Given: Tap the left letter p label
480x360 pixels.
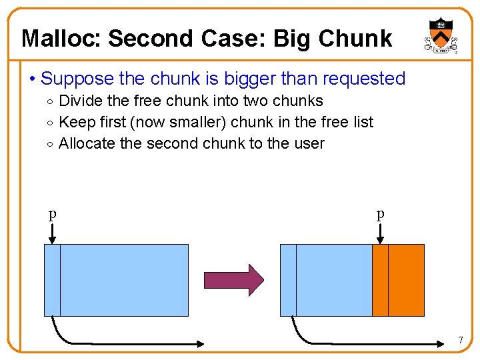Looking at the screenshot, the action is pyautogui.click(x=52, y=214).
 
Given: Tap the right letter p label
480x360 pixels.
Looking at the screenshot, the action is pyautogui.click(x=380, y=214).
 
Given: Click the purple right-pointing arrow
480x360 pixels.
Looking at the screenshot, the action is pyautogui.click(x=234, y=279).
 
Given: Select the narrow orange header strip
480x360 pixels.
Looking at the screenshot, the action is pyautogui.click(x=380, y=280).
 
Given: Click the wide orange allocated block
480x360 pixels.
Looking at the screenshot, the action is pyautogui.click(x=406, y=280).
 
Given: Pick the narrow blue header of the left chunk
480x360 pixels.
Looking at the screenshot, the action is pyautogui.click(x=52, y=280).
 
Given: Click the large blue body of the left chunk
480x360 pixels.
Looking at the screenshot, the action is pyautogui.click(x=124, y=280).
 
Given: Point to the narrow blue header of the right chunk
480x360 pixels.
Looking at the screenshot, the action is pyautogui.click(x=288, y=280).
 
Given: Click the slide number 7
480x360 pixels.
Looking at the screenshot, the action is pyautogui.click(x=460, y=341).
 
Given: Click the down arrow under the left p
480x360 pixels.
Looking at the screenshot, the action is pyautogui.click(x=52, y=233).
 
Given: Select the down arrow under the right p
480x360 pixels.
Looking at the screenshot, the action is pyautogui.click(x=380, y=233).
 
